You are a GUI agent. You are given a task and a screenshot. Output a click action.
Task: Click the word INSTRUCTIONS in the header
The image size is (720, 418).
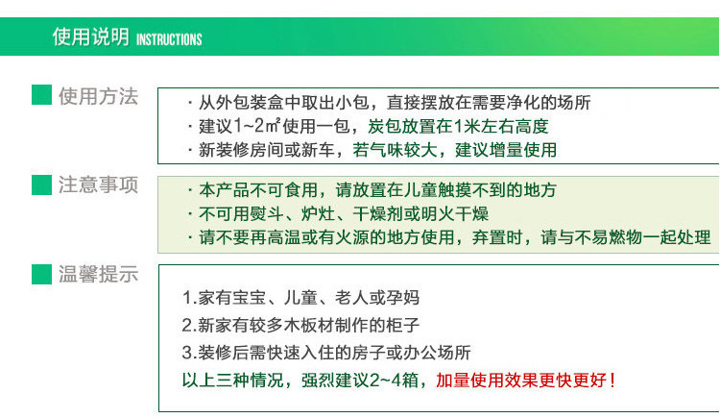169,39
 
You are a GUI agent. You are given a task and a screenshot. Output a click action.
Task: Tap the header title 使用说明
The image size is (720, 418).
91,37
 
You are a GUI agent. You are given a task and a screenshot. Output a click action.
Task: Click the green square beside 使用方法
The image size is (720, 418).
42,95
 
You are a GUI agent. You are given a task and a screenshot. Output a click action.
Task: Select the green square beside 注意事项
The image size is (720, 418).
42,184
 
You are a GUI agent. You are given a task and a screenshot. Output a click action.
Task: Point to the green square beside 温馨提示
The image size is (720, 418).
42,274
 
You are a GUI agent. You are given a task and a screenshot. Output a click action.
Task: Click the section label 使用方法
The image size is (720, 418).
98,96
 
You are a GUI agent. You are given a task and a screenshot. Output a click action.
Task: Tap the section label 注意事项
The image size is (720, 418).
98,184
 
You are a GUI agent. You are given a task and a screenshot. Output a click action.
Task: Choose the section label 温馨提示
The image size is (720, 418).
98,274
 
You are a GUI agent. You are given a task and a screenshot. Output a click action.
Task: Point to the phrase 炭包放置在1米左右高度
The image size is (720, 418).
458,126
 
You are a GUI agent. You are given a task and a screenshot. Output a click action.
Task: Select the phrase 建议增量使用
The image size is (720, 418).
506,150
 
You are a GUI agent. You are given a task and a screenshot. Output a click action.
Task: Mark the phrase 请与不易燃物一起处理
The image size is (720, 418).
626,237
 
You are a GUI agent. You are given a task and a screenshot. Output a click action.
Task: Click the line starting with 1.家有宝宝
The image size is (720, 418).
300,298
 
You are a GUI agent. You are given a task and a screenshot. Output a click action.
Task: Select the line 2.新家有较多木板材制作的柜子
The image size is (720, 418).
300,325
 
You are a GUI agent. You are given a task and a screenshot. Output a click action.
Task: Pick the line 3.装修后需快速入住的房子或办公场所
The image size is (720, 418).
326,353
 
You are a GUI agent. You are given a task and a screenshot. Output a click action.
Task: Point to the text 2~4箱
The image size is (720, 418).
394,381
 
